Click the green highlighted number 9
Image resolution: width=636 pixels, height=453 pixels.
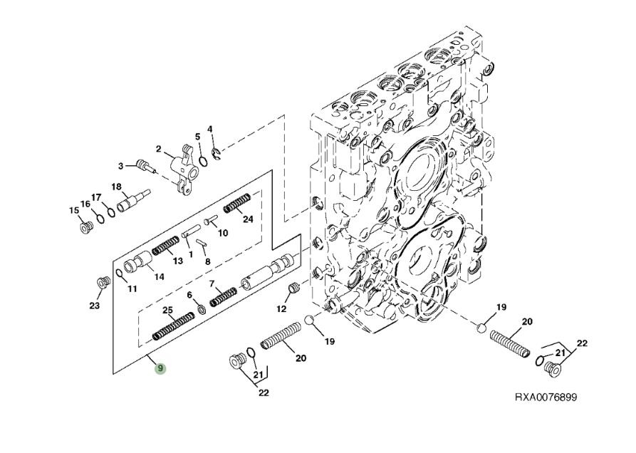161,368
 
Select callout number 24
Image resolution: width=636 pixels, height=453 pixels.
248,219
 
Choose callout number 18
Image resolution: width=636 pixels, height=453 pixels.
116,187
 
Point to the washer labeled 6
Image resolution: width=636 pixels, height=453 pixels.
201,308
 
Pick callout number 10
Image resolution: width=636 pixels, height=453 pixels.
223,232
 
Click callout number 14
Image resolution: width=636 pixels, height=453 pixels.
160,276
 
